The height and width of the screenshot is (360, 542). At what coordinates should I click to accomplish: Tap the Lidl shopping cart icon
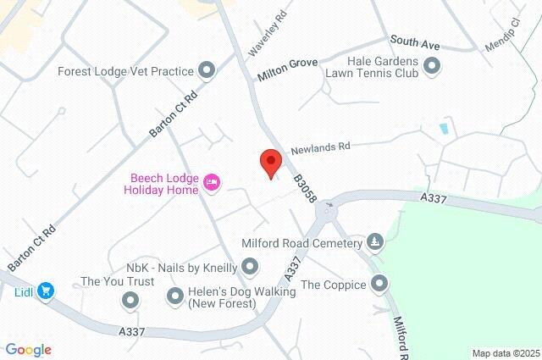pos(47,291)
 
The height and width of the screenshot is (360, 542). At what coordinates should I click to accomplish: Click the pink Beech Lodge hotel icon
pos(212,180)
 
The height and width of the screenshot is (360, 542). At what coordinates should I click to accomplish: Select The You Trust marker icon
pos(130,299)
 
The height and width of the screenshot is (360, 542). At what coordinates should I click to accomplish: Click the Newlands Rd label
pos(320,147)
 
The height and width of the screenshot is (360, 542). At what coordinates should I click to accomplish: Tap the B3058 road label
pos(305,187)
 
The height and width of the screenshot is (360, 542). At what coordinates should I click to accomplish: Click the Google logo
pos(28,350)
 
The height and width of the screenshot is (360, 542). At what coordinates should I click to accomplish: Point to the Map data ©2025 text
pos(506,353)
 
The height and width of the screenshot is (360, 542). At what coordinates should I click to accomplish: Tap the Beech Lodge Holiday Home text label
pos(164,184)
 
